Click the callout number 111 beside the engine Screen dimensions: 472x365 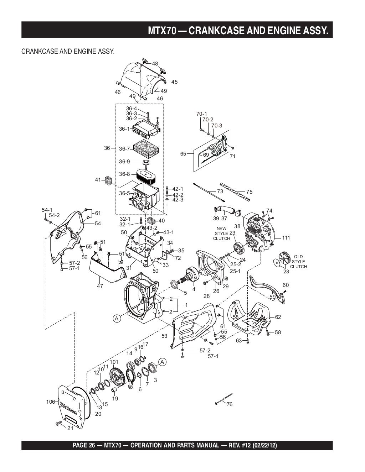pyautogui.click(x=286, y=238)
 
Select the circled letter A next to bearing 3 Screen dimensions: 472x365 pyautogui.click(x=162, y=362)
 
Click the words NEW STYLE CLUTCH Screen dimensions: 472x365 pyautogui.click(x=221, y=234)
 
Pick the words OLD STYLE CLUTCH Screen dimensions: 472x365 pyautogui.click(x=298, y=262)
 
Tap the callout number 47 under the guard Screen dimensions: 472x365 pyautogui.click(x=100, y=286)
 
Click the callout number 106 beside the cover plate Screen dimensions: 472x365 pyautogui.click(x=51, y=402)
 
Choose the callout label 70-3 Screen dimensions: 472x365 pyautogui.click(x=216, y=126)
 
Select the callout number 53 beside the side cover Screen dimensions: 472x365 pyautogui.click(x=164, y=336)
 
